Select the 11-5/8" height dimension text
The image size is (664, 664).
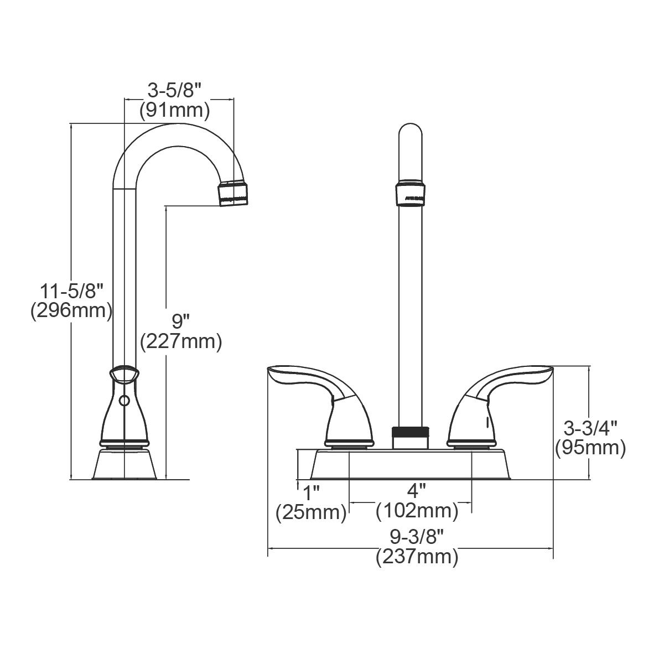pos(71,289)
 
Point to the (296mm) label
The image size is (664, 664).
pos(71,310)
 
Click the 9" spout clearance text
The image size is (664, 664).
pos(181,320)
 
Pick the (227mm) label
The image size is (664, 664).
pos(181,341)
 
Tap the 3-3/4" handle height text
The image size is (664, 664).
pos(590,427)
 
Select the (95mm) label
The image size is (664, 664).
pos(590,448)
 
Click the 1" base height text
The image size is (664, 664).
pos(311,491)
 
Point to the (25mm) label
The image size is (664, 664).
pos(311,512)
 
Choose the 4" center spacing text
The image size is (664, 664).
pos(417,491)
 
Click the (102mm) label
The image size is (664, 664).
pos(417,511)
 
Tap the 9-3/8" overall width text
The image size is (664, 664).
pos(417,536)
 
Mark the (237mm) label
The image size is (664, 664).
pos(417,557)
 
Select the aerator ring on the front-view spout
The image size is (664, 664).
pos(411,194)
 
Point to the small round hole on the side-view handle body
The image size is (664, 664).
pos(124,400)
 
